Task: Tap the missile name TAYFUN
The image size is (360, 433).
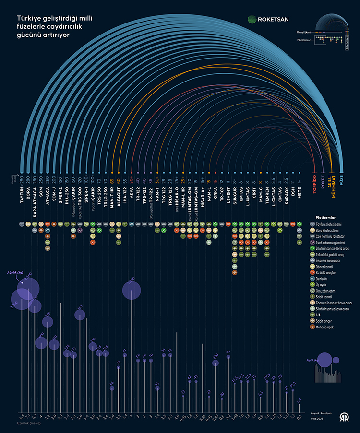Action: pos(22,193)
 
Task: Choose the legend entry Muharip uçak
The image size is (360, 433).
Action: pos(328,328)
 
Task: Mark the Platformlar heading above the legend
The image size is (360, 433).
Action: pos(325,217)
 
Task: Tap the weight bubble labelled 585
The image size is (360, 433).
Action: pos(80,315)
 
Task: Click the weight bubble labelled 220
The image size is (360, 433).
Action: pos(216,363)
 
